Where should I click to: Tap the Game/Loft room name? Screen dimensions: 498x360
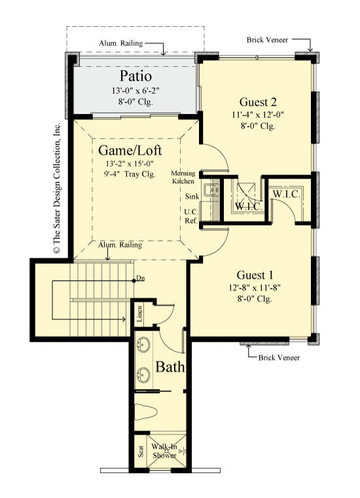[135, 151]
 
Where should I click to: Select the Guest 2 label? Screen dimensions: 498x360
[257, 102]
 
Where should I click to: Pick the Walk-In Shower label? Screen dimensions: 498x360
[166, 452]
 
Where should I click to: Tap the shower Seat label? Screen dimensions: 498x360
[141, 452]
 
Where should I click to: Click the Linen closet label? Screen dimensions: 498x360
[140, 315]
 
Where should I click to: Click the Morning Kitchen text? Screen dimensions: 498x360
[183, 177]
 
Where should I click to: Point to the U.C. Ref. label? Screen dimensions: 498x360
[191, 217]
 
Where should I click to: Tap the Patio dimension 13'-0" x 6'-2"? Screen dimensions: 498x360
[135, 90]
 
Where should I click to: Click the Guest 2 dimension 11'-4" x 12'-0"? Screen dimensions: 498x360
[257, 115]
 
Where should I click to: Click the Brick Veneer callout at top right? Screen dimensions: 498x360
[268, 40]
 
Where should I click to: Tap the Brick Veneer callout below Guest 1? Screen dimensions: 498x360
[279, 358]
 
